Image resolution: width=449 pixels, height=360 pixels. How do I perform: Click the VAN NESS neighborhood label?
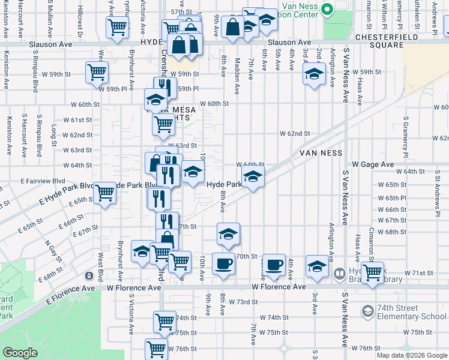[x=321, y=153]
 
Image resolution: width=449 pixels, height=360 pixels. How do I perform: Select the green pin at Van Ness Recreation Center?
[x=327, y=10]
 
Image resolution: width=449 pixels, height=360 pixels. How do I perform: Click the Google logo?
[x=20, y=353]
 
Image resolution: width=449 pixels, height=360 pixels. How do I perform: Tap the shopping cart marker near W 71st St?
[x=373, y=272]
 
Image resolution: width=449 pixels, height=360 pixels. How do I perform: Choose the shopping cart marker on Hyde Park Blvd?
[x=105, y=193]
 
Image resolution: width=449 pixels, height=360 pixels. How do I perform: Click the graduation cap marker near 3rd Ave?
[x=317, y=265]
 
